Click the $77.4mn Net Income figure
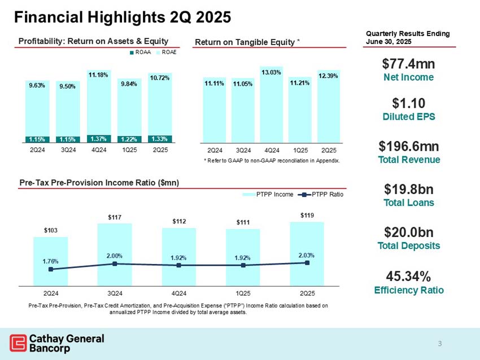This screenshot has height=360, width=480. click(408, 62)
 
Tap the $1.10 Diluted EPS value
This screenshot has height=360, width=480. click(408, 103)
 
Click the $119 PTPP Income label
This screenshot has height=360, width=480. click(307, 214)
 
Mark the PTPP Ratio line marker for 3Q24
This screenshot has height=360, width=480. click(115, 264)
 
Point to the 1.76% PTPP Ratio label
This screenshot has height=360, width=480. click(50, 261)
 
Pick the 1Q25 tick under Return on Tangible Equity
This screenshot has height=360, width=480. click(299, 151)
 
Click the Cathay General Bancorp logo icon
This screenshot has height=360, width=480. click(18, 343)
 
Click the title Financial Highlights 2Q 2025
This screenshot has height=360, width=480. click(122, 17)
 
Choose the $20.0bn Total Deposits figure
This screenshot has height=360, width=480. click(408, 232)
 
